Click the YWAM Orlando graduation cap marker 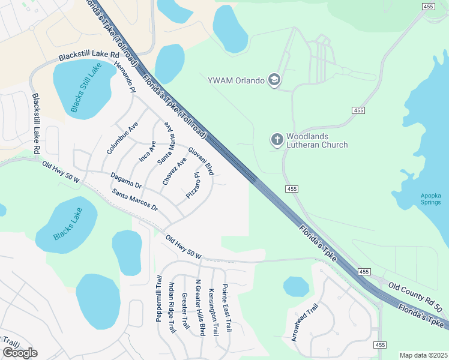(274, 80)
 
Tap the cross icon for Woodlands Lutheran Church (277, 140)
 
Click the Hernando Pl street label (125, 76)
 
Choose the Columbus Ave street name (122, 139)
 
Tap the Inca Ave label (148, 152)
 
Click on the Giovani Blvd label (201, 161)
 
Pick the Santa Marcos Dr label (134, 200)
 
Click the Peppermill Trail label (160, 298)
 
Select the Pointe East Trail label (227, 308)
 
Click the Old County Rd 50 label (415, 298)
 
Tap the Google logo (20, 352)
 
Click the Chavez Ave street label (175, 171)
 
